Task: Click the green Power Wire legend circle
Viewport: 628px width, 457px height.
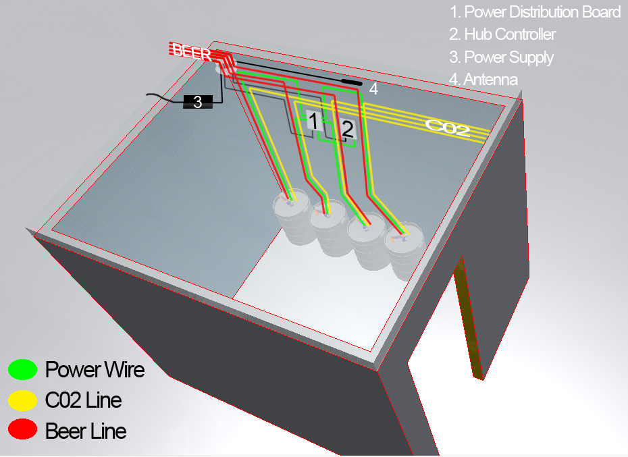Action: (22, 369)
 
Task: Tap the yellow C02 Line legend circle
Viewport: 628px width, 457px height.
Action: (22, 400)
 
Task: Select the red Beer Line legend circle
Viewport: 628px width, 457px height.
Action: (22, 431)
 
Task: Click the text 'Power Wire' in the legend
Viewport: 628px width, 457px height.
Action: (95, 369)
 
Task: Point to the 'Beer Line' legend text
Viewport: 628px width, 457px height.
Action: (86, 431)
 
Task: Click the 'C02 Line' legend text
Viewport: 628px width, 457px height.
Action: (84, 400)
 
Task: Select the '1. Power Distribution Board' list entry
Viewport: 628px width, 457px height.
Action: (535, 12)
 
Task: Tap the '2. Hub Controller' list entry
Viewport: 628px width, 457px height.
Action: (502, 34)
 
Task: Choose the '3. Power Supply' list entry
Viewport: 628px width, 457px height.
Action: (501, 57)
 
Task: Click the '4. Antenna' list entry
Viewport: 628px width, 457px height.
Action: (483, 79)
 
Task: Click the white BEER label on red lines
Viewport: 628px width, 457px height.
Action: (192, 51)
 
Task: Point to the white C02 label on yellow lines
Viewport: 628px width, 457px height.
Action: (447, 127)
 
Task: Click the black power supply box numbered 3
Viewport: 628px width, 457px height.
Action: (198, 102)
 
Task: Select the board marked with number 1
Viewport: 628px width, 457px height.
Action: (313, 121)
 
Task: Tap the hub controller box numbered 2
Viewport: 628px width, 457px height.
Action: (347, 128)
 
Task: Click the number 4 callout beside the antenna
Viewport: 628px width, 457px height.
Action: (373, 88)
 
